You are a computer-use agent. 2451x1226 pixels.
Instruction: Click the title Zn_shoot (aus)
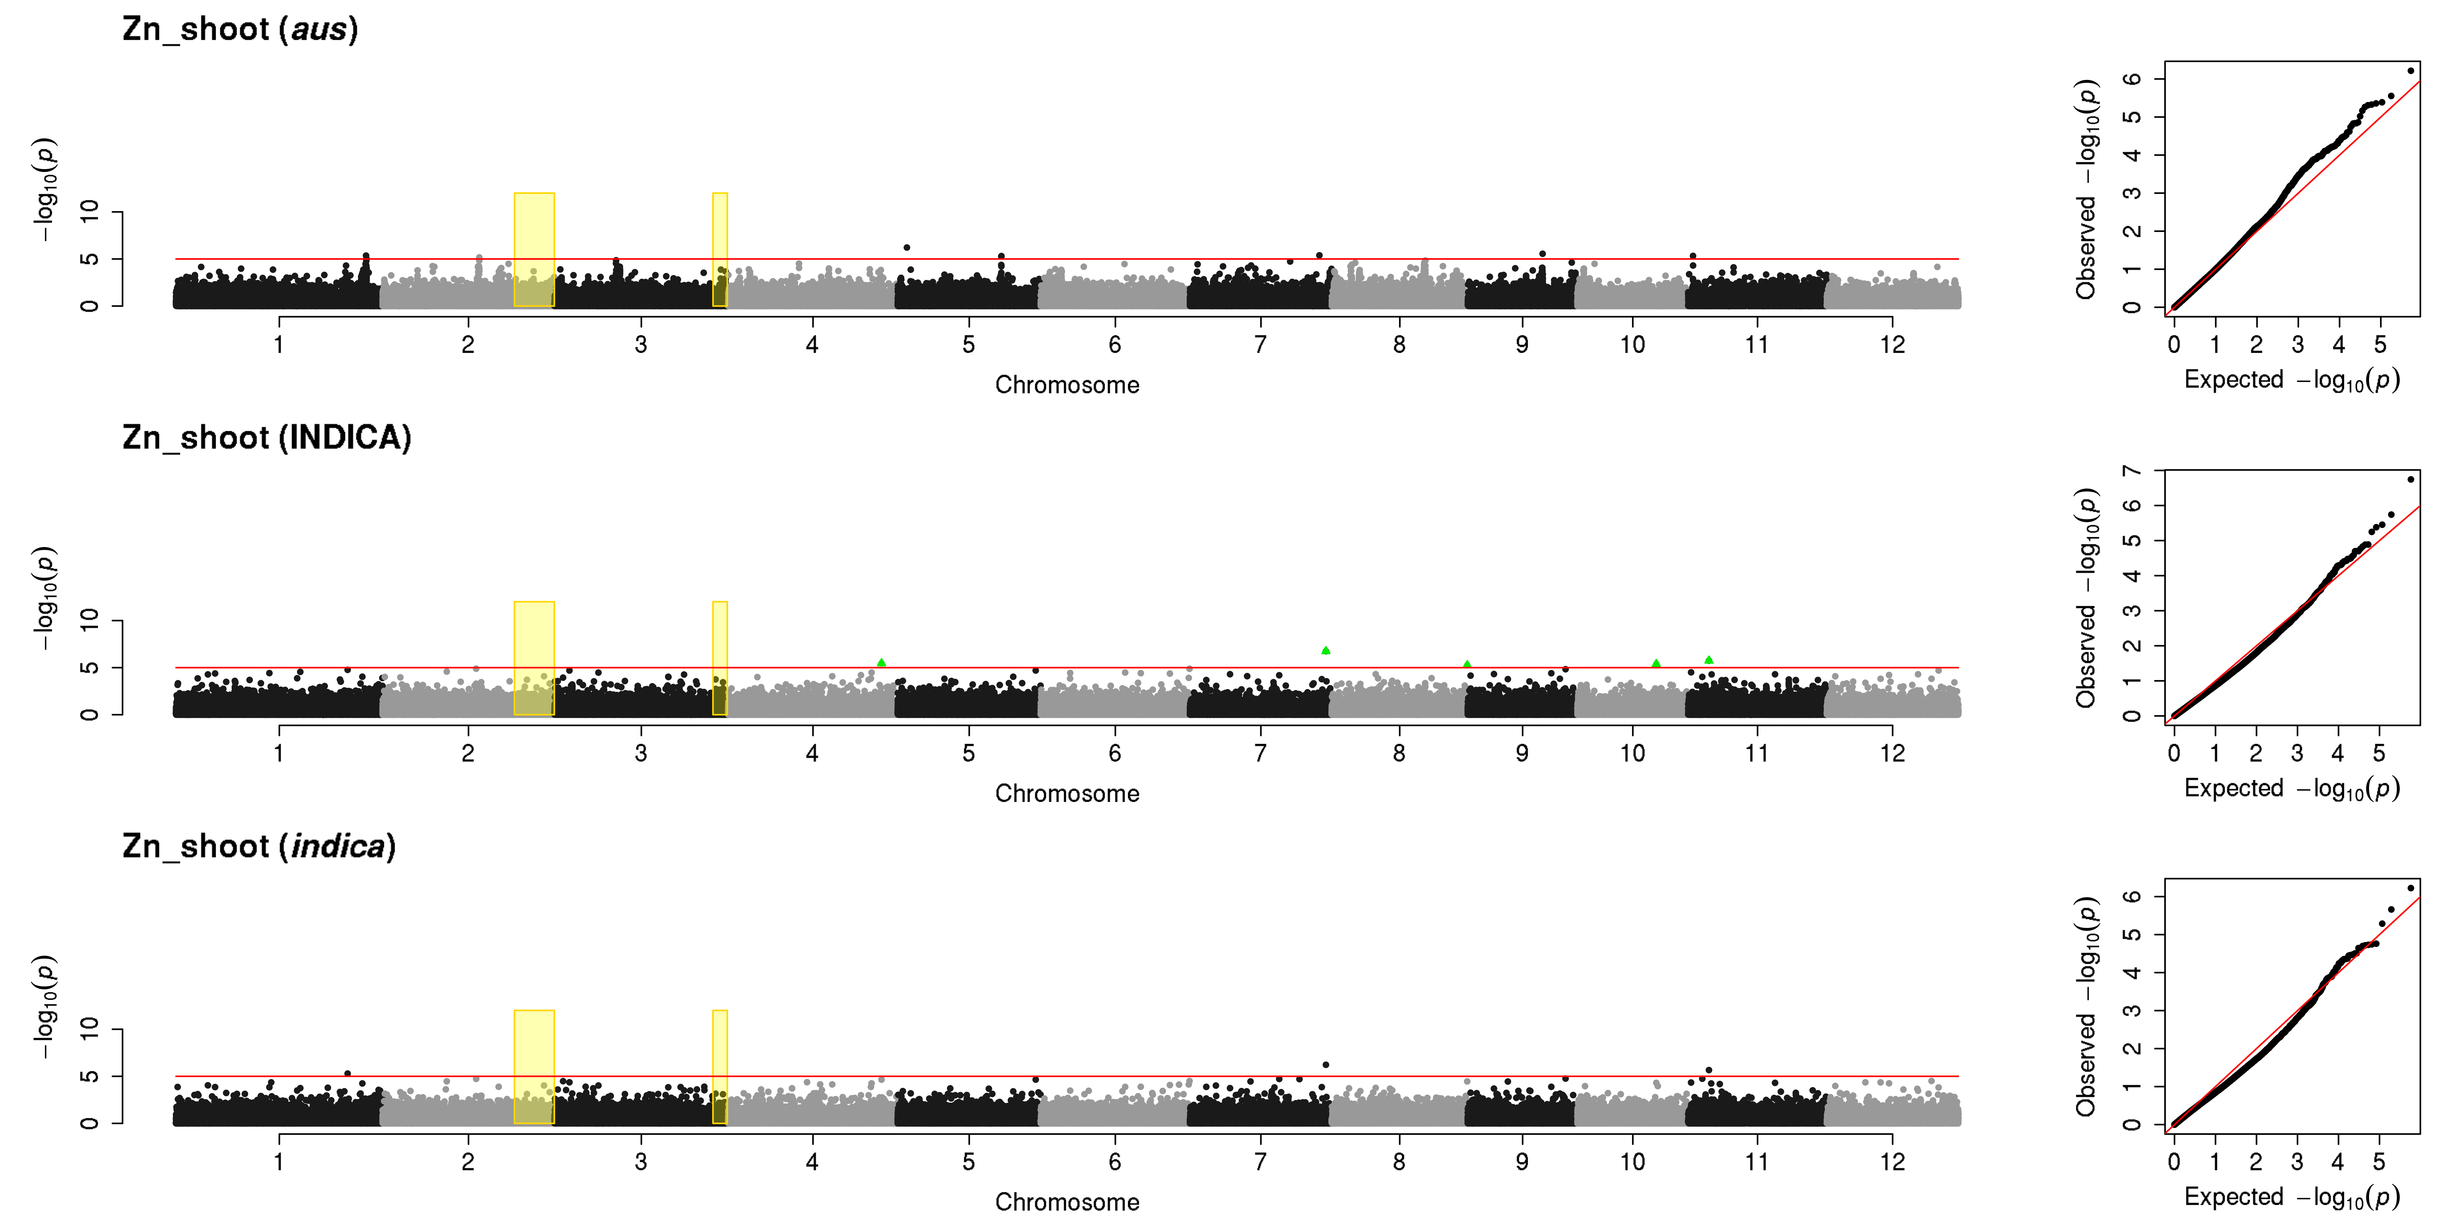coord(240,30)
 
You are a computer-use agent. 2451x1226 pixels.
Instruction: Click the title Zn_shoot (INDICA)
coord(266,438)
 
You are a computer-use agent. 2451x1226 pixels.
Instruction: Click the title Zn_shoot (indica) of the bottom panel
coord(259,846)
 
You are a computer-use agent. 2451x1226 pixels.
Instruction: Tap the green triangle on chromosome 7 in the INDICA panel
coord(1325,650)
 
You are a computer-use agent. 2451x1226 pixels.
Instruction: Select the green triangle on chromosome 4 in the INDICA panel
coord(881,663)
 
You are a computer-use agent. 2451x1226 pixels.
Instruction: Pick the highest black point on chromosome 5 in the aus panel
coord(907,247)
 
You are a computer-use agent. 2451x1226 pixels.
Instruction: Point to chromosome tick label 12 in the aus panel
coord(1892,345)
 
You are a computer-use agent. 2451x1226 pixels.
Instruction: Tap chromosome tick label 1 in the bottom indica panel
coord(279,1161)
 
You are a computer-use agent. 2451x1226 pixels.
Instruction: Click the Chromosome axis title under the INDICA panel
coord(1067,794)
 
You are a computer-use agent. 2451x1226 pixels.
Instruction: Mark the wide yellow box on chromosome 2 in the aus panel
coord(534,249)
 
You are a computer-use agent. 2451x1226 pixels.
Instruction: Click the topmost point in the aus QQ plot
coord(2410,70)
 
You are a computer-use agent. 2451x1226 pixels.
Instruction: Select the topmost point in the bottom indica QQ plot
coord(2410,888)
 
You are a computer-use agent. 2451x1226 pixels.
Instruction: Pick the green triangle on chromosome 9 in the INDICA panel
coord(1467,664)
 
